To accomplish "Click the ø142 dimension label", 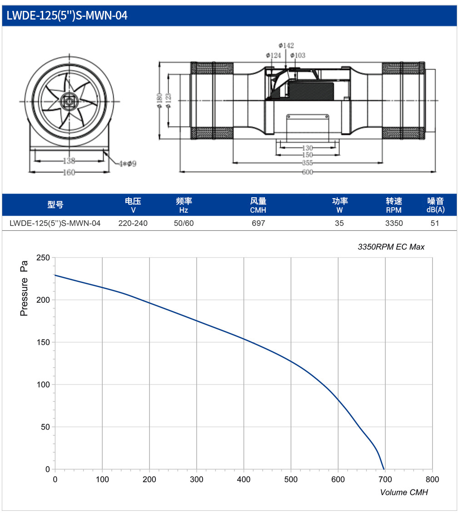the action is pos(286,45).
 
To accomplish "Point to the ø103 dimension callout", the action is pos(298,55).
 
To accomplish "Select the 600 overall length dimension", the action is pos(307,172).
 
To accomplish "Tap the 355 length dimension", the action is pos(307,163).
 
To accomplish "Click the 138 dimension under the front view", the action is pos(69,161).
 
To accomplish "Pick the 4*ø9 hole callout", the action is pos(128,164).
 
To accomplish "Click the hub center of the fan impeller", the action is pos(69,101).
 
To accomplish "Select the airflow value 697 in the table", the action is pos(259,224).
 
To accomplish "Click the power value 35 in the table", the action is pos(339,224).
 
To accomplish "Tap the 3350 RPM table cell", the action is pos(394,224).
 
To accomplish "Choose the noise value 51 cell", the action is pos(435,224).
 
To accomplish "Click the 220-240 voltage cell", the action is pos(133,224).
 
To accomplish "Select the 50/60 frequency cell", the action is pos(184,224).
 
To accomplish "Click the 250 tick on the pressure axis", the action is pos(43,258).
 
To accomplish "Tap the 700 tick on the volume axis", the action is pos(385,479).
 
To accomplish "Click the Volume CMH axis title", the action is pos(404,493).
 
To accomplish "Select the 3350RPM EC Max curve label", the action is pos(391,247).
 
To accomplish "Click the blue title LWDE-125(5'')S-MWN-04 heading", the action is pos(67,15).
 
